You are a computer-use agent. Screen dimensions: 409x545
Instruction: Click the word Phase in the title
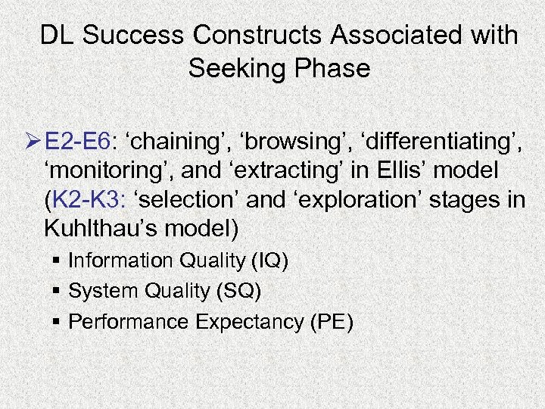point(333,69)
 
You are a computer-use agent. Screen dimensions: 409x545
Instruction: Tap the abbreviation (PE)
point(331,321)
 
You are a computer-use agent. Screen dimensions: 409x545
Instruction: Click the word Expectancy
point(249,321)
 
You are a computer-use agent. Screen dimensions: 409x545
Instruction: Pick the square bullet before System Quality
point(58,292)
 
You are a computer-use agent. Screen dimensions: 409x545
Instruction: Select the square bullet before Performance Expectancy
point(58,322)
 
